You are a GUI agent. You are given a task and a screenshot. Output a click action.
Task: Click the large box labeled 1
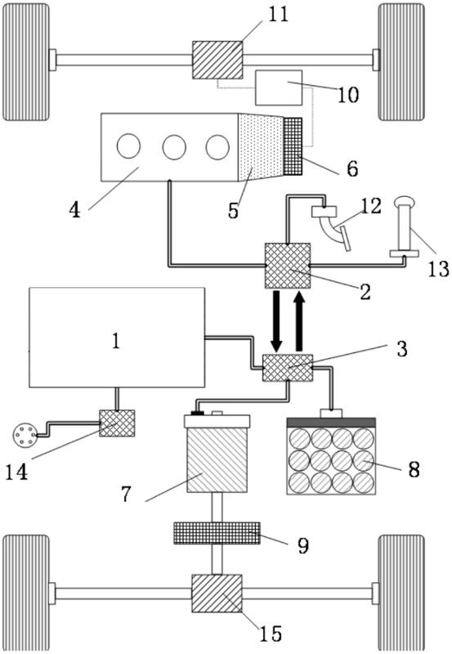[117, 337]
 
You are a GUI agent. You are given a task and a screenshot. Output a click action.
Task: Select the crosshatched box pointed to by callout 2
[288, 266]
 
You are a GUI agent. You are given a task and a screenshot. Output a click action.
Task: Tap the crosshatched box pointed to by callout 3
[288, 368]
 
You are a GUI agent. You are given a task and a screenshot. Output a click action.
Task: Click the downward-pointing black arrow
[276, 321]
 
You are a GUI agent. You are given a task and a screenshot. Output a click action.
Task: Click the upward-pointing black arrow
[299, 321]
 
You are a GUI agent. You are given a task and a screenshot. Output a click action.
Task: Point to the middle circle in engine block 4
[174, 147]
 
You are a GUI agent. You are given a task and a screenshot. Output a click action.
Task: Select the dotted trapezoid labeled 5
[261, 147]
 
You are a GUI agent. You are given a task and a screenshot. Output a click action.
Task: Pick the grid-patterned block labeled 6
[293, 146]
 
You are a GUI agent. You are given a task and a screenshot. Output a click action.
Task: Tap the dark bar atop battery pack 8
[332, 423]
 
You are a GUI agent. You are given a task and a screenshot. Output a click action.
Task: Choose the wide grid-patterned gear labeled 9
[217, 533]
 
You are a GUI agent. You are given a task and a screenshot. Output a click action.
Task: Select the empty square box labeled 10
[279, 87]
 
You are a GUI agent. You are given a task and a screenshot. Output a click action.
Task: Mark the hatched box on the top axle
[217, 60]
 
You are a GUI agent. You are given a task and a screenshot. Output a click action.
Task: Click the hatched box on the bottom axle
[217, 594]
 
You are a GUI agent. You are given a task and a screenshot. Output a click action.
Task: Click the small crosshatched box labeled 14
[117, 423]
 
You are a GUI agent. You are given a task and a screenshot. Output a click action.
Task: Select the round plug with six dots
[23, 435]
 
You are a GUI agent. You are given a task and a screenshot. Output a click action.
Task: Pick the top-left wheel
[26, 62]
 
